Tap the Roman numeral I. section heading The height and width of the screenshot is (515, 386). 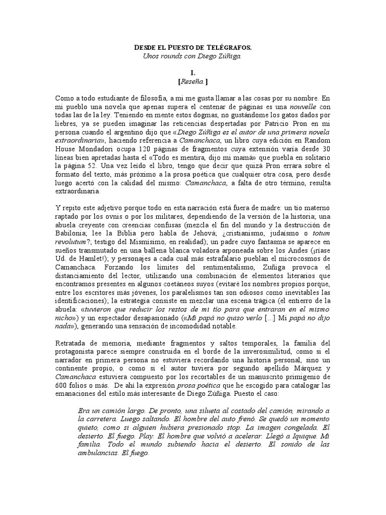click(x=193, y=73)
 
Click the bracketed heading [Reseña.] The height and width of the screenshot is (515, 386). click(x=193, y=81)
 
